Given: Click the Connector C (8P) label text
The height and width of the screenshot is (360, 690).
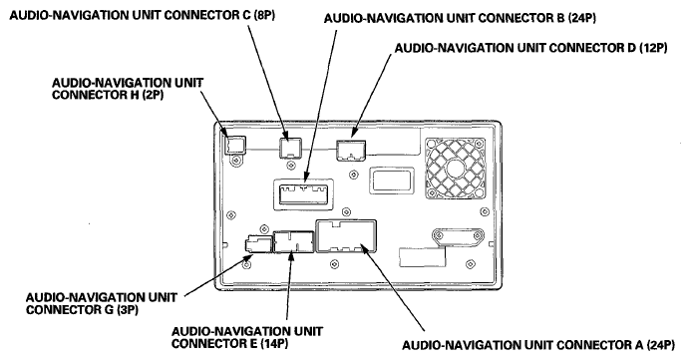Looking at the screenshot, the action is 143,15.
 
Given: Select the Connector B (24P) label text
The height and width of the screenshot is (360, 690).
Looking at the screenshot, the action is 460,18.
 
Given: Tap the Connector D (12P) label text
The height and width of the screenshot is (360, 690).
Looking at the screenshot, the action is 530,48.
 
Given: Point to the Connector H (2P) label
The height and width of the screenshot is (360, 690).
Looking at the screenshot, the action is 128,89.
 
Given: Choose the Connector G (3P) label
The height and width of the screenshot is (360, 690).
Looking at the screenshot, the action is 102,303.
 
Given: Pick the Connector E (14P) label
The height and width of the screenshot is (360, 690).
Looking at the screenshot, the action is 247,337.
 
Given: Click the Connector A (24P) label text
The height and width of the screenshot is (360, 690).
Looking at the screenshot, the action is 538,345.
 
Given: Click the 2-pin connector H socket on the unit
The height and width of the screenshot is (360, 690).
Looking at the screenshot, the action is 235,145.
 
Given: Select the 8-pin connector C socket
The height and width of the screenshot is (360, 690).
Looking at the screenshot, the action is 291,147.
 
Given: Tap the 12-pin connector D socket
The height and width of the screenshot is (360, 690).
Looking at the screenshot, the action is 351,150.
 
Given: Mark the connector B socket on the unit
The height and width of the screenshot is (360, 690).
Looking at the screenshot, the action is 303,194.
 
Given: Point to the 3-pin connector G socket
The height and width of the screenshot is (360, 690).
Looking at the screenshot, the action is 258,243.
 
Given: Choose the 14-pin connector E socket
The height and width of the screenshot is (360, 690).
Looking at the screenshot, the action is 294,241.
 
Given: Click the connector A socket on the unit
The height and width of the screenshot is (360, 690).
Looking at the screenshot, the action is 346,236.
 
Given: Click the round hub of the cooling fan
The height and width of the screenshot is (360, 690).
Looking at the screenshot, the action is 455,169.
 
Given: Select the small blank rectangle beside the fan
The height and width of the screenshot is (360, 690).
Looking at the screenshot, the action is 392,180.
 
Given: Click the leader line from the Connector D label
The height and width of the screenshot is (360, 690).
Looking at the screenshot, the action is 371,95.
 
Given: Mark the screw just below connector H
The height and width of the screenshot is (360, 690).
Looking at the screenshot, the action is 236,161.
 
